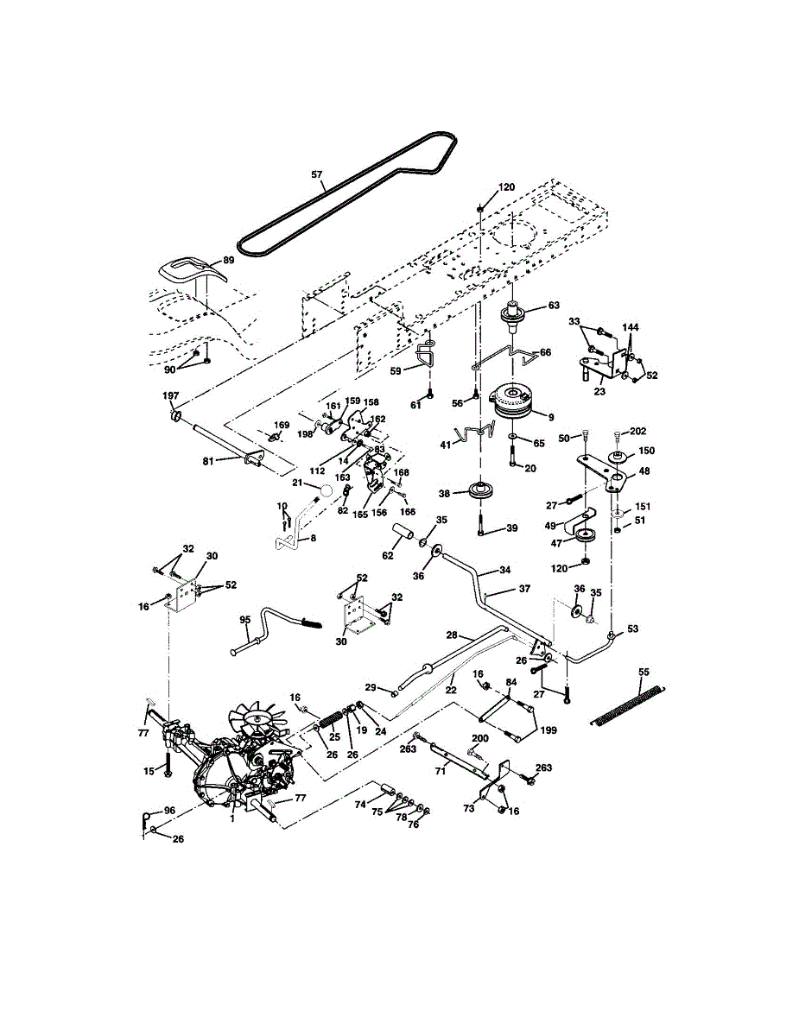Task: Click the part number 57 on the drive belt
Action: point(317,174)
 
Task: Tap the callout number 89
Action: point(229,261)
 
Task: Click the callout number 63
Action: point(554,305)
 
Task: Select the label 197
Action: point(171,395)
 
